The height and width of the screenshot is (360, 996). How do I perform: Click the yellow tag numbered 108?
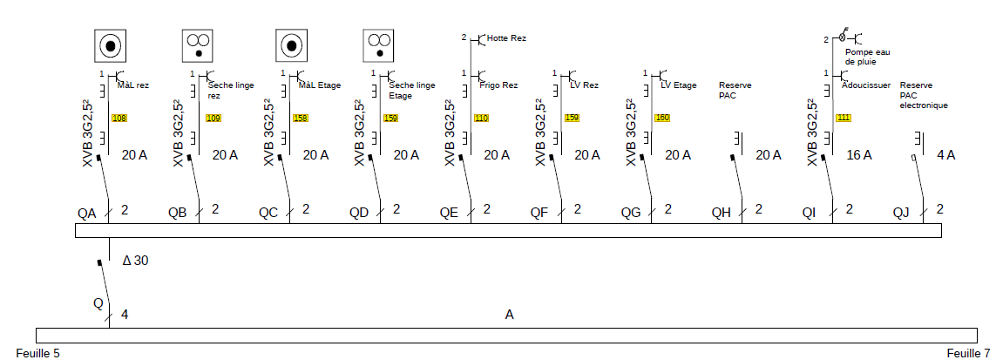point(119,118)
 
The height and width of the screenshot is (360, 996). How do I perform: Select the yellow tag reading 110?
point(482,118)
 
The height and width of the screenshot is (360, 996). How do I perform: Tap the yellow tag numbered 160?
point(662,118)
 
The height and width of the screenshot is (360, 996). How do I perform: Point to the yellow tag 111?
point(844,118)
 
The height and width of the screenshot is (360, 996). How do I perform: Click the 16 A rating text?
point(859,155)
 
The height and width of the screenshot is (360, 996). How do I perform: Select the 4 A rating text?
point(946,155)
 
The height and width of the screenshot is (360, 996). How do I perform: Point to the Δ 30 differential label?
point(135,260)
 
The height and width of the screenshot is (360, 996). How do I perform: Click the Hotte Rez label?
point(507,38)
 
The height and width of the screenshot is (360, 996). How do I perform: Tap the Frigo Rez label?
point(498,85)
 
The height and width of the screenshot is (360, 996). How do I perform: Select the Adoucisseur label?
point(866,85)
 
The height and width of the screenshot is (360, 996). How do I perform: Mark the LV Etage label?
point(679,85)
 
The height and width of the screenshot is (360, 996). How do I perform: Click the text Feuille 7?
point(967,353)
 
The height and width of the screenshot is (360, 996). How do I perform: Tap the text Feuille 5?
point(31,353)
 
